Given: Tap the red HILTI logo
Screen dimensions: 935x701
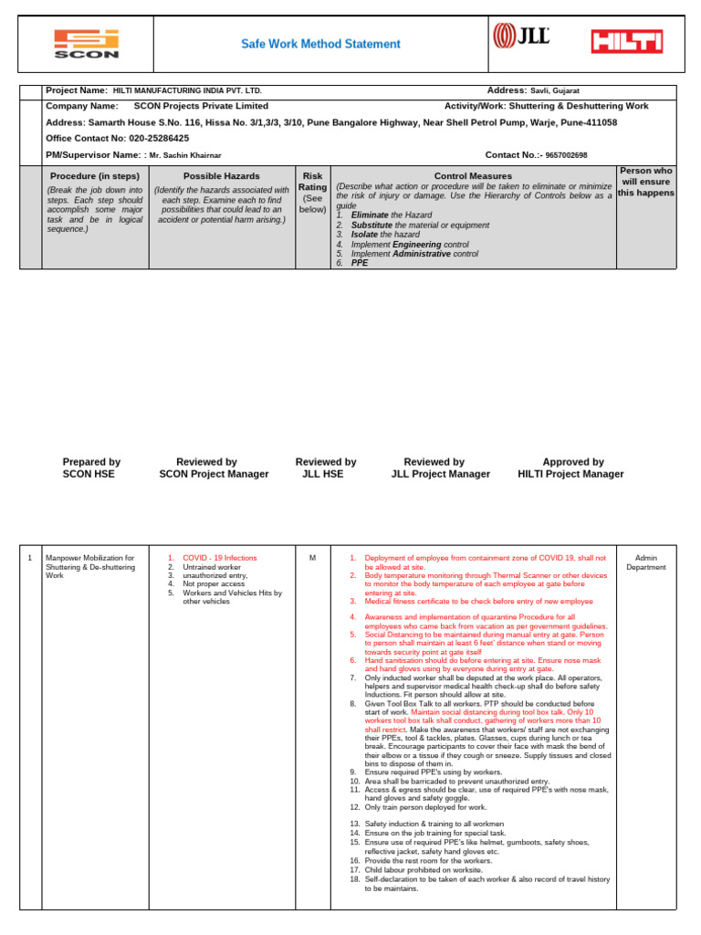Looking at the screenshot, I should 626,41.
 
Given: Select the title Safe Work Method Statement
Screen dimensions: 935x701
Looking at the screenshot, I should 319,44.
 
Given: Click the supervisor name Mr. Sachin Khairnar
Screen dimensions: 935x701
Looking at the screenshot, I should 185,156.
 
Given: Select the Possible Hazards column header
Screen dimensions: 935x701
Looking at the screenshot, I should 221,175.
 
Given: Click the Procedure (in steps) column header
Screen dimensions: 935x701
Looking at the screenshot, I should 95,175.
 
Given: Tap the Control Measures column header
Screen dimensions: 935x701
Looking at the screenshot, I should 470,175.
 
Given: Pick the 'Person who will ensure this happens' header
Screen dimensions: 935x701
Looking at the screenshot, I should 646,182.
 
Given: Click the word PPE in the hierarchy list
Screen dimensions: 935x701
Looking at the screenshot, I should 360,262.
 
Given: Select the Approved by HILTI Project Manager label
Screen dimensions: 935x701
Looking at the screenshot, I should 570,468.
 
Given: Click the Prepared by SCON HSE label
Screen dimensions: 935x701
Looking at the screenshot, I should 91,468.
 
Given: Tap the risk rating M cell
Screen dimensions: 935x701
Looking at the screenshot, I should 312,558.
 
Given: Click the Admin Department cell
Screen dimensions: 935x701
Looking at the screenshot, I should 645,562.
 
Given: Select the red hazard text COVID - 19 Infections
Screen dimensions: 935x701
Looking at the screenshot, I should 220,558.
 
